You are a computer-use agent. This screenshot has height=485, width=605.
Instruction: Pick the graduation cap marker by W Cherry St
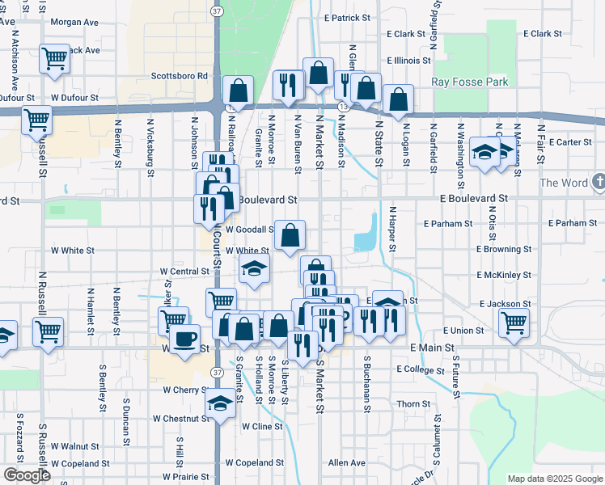220,404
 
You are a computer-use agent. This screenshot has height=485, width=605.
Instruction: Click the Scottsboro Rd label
180,76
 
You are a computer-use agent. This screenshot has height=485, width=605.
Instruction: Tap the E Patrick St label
345,17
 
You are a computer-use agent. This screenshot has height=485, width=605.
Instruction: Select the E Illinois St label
408,61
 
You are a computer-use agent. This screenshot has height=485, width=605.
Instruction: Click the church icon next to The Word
597,183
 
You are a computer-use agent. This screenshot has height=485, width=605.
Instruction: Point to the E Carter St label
570,142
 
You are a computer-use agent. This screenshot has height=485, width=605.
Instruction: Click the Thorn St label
412,403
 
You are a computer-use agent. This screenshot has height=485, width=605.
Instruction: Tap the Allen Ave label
347,463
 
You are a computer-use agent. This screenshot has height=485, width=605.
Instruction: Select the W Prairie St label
186,477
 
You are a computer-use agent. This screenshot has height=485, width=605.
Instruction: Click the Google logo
27,475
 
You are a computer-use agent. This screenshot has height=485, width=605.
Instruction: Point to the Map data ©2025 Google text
555,479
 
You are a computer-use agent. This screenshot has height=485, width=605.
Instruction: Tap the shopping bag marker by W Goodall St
290,235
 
